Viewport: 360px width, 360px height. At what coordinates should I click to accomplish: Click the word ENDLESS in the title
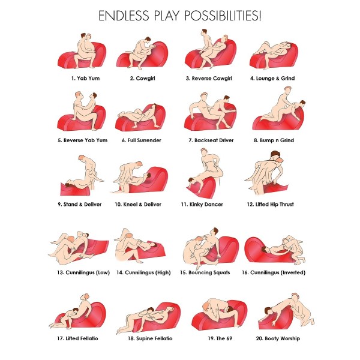pyautogui.click(x=124, y=16)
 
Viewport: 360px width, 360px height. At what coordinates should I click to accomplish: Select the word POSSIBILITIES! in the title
pyautogui.click(x=223, y=16)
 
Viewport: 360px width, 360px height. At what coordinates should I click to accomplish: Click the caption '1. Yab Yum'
pyautogui.click(x=85, y=78)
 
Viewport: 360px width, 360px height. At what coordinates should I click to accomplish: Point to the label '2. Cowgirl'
pyautogui.click(x=143, y=78)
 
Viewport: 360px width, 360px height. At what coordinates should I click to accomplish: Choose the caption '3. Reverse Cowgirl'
pyautogui.click(x=209, y=78)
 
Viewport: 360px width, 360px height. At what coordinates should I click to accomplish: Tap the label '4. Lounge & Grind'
pyautogui.click(x=272, y=78)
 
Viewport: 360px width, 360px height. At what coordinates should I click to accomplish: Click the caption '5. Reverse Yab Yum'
pyautogui.click(x=82, y=140)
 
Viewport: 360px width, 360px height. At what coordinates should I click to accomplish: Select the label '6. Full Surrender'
pyautogui.click(x=142, y=140)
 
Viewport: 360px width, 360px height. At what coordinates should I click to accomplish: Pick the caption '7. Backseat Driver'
pyautogui.click(x=211, y=140)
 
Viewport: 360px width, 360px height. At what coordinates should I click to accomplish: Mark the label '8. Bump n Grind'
pyautogui.click(x=274, y=140)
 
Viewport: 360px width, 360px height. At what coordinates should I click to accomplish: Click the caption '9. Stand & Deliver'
pyautogui.click(x=79, y=205)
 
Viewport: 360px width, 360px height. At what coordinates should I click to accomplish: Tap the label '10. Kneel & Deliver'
pyautogui.click(x=138, y=205)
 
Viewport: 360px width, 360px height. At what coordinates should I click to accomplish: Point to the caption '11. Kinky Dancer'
pyautogui.click(x=202, y=205)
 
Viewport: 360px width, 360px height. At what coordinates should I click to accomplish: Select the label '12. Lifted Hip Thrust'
pyautogui.click(x=270, y=205)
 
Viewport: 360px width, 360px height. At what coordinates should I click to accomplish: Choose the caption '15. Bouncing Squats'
pyautogui.click(x=205, y=272)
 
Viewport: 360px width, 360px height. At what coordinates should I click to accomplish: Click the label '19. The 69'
pyautogui.click(x=220, y=338)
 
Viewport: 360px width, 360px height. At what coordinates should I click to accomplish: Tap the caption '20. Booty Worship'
pyautogui.click(x=278, y=338)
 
